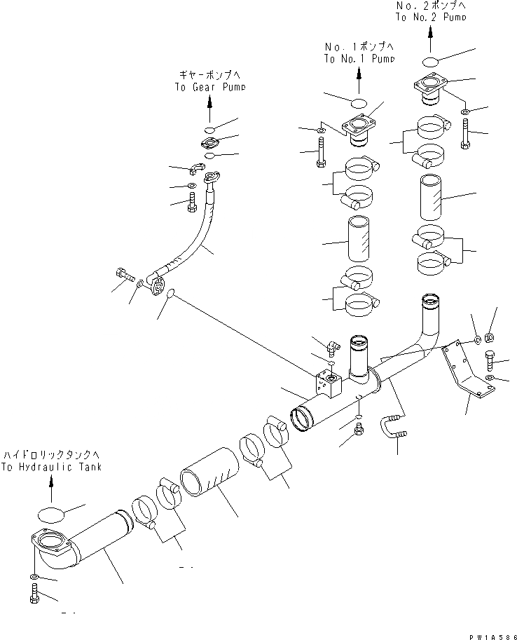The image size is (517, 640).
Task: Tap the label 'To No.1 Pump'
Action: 359,60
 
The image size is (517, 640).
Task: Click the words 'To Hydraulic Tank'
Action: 51,466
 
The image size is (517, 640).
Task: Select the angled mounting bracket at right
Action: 463,372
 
